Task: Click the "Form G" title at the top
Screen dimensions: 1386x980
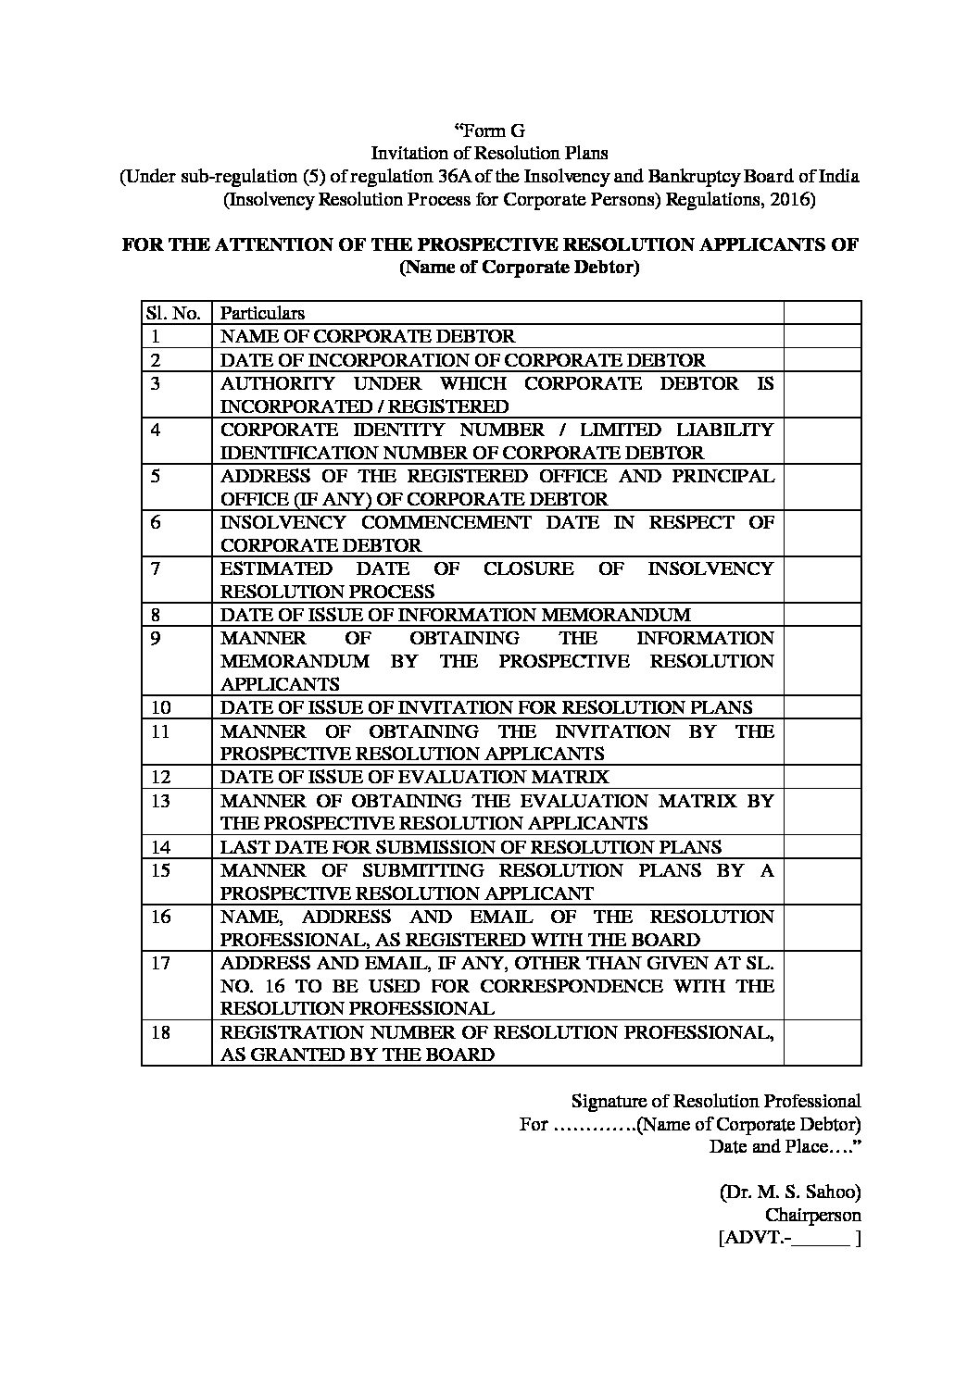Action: click(489, 131)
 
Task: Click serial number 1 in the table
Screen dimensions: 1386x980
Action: click(157, 336)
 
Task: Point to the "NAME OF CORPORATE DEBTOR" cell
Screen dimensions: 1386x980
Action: click(367, 336)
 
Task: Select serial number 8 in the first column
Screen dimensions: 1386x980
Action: click(157, 615)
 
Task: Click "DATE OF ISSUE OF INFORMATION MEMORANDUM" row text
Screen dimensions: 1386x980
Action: click(455, 615)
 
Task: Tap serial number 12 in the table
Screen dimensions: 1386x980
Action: click(160, 777)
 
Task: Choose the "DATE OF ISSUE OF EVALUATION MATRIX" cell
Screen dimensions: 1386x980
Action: click(414, 777)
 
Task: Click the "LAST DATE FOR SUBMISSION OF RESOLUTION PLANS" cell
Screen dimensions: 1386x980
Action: click(471, 846)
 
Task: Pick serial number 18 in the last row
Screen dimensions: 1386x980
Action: click(160, 1031)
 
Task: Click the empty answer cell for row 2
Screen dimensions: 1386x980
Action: click(822, 359)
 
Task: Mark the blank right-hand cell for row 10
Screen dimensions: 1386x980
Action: click(822, 707)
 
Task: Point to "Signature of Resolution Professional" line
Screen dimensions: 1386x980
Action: click(715, 1101)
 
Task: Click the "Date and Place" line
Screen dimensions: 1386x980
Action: click(785, 1146)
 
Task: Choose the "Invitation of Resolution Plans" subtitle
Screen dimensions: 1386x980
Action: click(489, 153)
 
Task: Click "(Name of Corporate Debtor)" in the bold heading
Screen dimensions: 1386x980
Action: click(519, 268)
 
